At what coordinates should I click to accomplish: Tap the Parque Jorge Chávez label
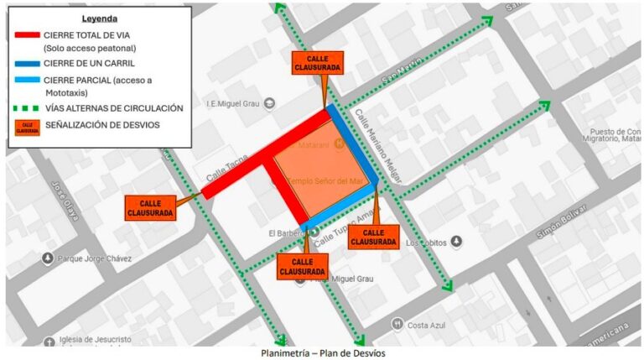[x=93, y=258]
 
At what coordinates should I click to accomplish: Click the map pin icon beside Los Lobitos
[x=456, y=243]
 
